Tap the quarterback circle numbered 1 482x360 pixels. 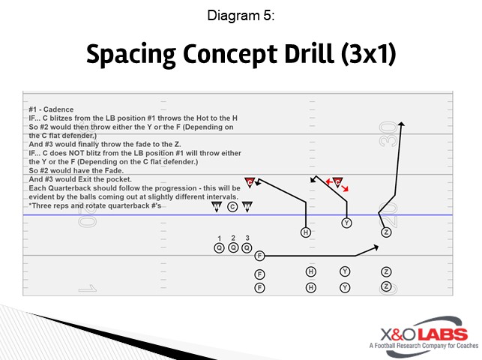[219, 247]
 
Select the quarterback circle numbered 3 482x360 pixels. [247, 247]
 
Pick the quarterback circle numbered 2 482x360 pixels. [233, 247]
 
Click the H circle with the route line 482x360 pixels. [306, 232]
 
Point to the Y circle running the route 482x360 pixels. [346, 223]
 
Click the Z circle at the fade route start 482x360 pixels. [386, 232]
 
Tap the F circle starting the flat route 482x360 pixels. [259, 256]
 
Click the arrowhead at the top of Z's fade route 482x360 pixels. [403, 124]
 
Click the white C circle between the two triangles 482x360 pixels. [232, 206]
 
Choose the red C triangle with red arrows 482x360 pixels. [337, 181]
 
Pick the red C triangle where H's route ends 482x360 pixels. [250, 181]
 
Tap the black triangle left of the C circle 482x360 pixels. [217, 205]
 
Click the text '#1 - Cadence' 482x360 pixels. [51, 109]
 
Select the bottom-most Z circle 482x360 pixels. [386, 286]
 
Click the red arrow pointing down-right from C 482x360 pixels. [346, 190]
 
